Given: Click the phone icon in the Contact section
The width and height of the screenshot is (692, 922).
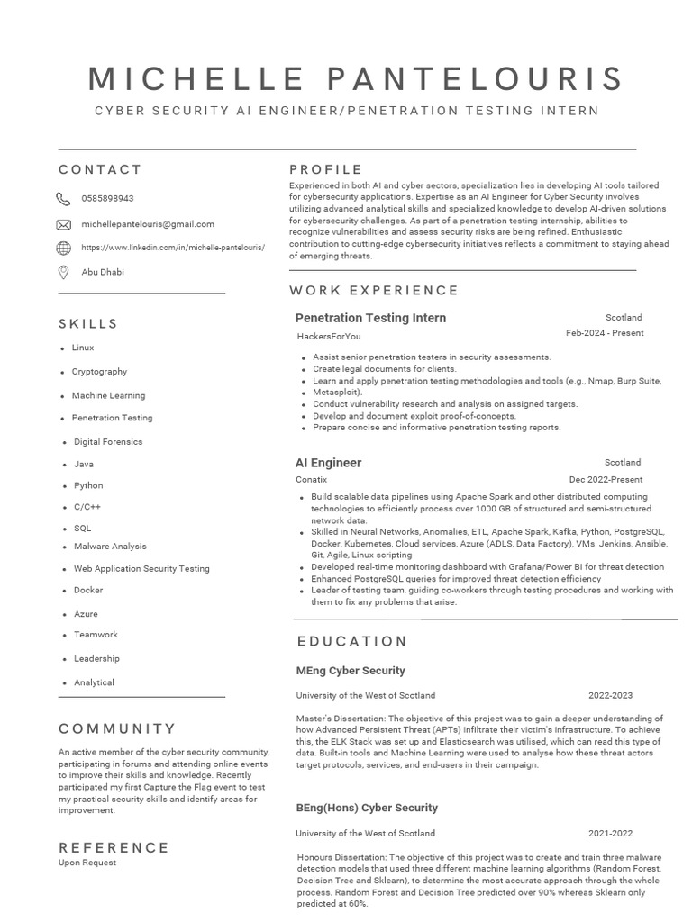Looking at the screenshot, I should click(x=63, y=199).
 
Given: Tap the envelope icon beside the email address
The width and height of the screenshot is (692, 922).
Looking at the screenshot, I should click(x=63, y=224).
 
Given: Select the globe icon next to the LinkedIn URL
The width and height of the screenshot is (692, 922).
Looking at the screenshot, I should click(x=63, y=248).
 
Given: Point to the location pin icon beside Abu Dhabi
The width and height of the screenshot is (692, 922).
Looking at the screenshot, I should click(x=63, y=272).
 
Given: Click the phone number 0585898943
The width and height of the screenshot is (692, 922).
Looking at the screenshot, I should click(x=107, y=199).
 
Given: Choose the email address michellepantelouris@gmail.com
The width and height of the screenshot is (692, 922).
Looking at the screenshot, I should click(x=148, y=224).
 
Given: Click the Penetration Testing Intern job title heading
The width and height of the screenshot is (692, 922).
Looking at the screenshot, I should click(x=370, y=318).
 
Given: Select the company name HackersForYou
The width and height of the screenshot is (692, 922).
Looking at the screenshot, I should click(x=329, y=337).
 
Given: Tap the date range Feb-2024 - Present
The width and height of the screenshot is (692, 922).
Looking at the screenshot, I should click(x=605, y=333).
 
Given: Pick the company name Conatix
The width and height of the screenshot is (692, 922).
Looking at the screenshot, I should click(x=312, y=480).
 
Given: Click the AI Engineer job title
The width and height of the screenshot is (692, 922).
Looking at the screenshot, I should click(x=328, y=463).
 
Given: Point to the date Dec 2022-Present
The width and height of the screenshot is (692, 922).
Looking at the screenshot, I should click(x=605, y=480).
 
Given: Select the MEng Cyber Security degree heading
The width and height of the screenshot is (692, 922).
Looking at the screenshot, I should click(x=351, y=671).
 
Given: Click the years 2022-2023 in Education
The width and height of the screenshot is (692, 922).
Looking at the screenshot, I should click(x=610, y=695).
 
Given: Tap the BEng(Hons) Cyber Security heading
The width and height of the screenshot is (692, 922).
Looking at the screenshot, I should click(x=367, y=808).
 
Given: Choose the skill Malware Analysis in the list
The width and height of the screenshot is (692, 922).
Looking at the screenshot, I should click(x=110, y=547).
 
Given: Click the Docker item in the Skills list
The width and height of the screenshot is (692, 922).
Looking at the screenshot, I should click(x=88, y=591).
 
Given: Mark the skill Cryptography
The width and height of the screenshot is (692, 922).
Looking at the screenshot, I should click(x=99, y=372).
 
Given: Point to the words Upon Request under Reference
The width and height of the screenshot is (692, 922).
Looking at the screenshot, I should click(x=87, y=863).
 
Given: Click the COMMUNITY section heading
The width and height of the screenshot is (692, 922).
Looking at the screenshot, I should click(x=117, y=728).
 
